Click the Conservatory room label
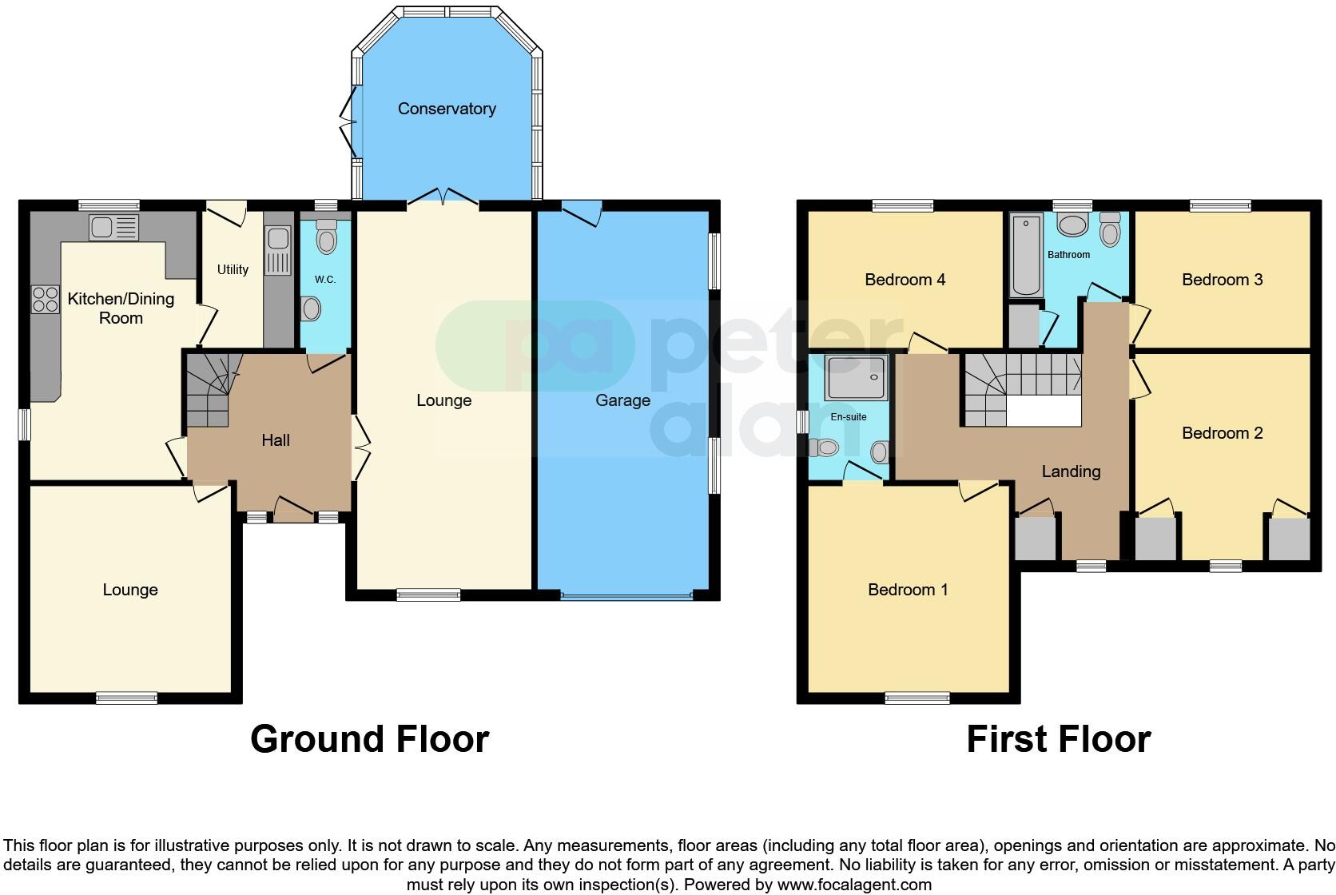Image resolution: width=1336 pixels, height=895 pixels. (447, 109)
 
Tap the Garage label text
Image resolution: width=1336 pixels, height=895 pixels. (622, 400)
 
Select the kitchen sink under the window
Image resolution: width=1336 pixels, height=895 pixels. (114, 228)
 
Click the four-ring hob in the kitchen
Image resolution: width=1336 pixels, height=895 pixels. (45, 300)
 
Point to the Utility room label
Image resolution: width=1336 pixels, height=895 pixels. (233, 270)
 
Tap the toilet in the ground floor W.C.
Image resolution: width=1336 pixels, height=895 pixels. (326, 237)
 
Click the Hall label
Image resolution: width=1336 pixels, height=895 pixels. (276, 440)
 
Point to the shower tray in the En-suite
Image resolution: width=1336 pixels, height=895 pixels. (856, 378)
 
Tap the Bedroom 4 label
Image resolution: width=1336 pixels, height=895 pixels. (905, 280)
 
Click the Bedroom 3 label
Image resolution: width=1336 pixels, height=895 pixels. (1222, 280)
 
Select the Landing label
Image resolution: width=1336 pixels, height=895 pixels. (1071, 471)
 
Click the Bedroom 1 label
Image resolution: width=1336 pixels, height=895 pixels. (908, 590)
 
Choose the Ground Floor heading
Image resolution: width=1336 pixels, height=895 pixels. (369, 739)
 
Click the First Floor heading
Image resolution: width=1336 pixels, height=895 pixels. (1058, 739)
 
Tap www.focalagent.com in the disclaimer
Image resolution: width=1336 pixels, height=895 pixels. (853, 885)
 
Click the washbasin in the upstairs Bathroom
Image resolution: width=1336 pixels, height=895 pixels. (1072, 225)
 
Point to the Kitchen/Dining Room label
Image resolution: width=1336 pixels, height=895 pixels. (121, 308)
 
